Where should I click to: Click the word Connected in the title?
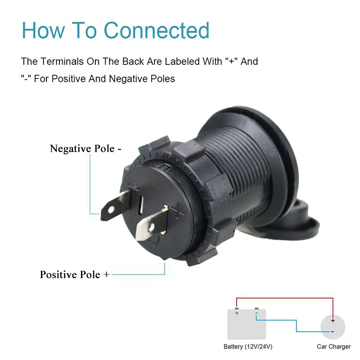[x=157, y=30]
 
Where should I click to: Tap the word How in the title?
[x=43, y=30]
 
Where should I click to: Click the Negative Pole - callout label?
[x=85, y=148]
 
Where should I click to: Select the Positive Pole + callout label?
[x=74, y=274]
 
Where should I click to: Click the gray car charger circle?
[x=333, y=327]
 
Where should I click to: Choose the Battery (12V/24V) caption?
[x=248, y=346]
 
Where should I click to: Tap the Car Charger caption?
[x=333, y=346]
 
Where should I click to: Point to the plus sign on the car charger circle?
[x=333, y=321]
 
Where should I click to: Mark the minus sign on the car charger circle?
[x=333, y=332]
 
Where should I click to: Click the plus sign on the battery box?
[x=237, y=313]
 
